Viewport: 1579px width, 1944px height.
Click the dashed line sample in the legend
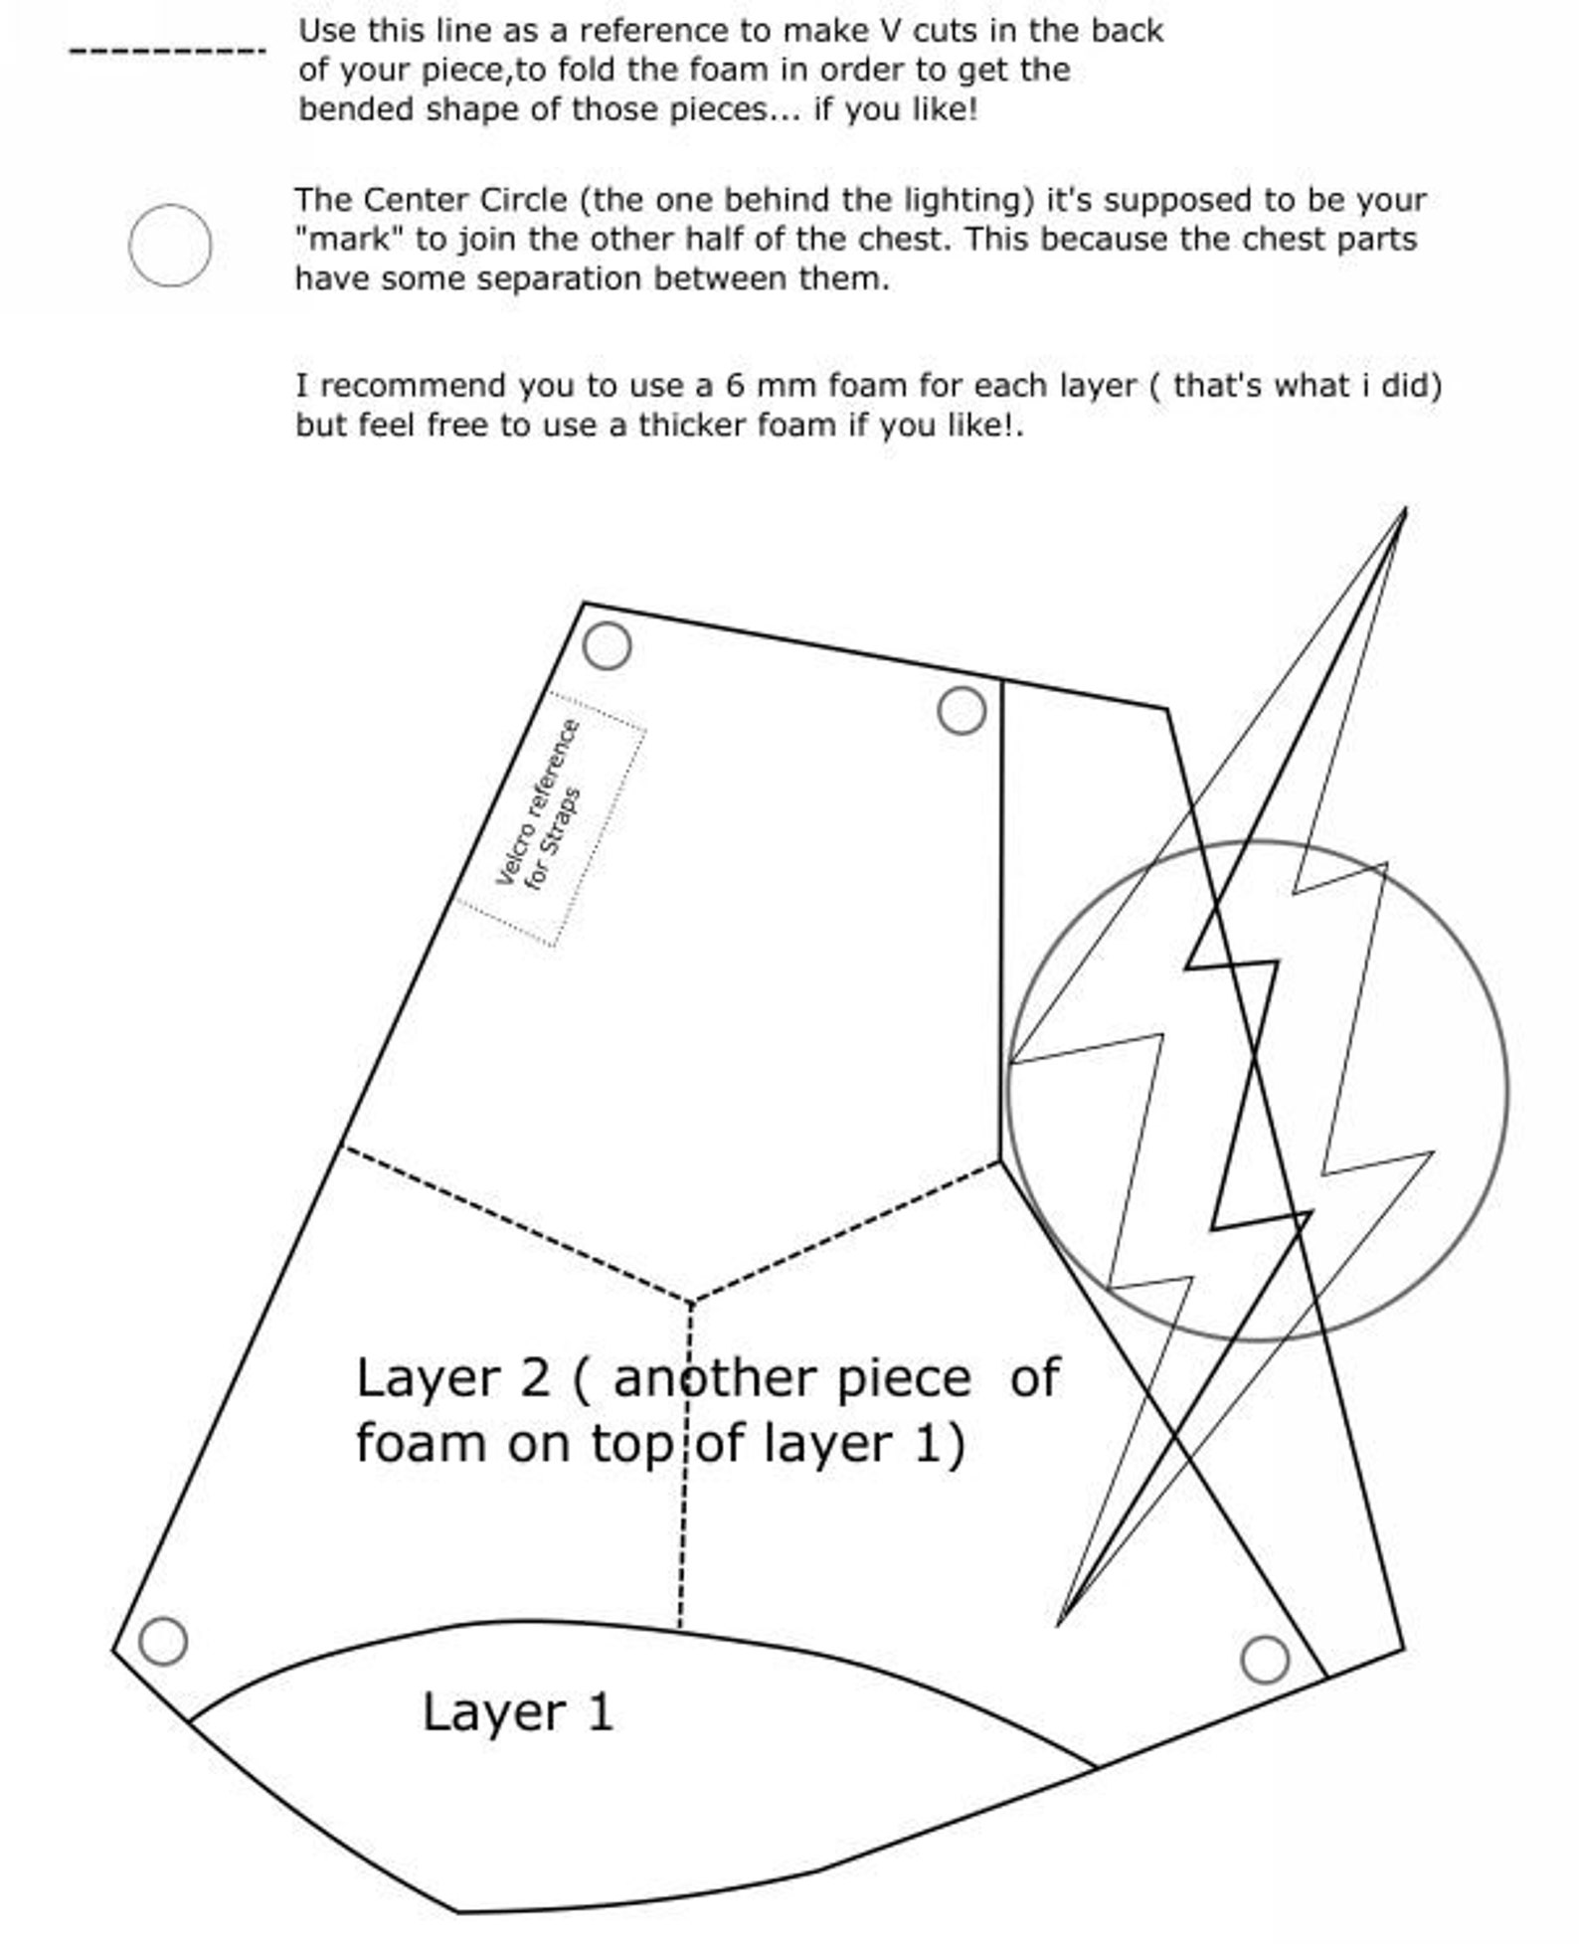[167, 51]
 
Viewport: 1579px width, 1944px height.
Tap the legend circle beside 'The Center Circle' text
[170, 246]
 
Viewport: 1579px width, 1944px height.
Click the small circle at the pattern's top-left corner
[607, 645]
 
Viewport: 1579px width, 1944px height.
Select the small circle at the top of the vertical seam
[962, 710]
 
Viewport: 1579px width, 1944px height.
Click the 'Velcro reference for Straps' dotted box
[551, 818]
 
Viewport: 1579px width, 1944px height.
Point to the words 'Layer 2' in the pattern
[452, 1378]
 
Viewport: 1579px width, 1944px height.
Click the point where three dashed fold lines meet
[691, 1300]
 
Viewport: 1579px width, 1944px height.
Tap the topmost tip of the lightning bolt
[1404, 510]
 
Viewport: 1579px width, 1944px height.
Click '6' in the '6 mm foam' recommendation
[735, 386]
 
